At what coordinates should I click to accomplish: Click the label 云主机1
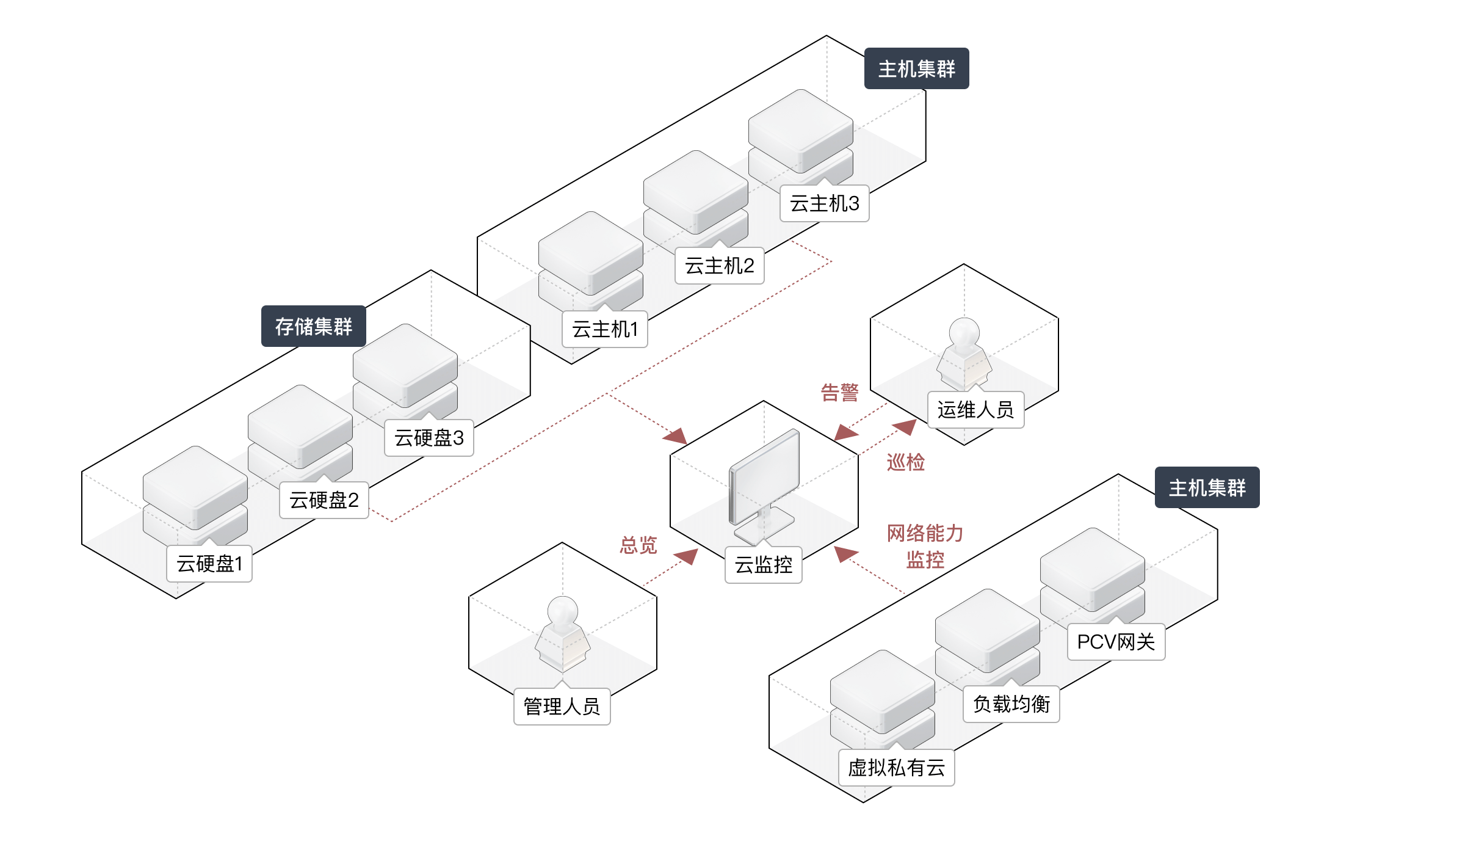[x=604, y=330]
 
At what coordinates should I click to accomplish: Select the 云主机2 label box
[x=719, y=266]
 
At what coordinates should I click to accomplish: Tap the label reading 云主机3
[x=824, y=204]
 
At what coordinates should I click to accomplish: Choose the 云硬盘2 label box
[x=324, y=501]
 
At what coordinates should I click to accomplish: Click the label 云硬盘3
[x=429, y=438]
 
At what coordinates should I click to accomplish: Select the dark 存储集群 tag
[x=313, y=327]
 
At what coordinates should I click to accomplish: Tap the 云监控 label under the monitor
[x=763, y=566]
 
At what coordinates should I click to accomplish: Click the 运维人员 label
[x=975, y=410]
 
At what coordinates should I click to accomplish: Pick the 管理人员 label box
[x=562, y=707]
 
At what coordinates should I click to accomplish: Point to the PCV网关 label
[x=1116, y=642]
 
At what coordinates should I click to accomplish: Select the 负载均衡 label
[x=1011, y=705]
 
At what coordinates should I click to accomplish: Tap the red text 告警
[x=839, y=393]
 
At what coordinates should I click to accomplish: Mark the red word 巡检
[x=905, y=462]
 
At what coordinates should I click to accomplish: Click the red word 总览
[x=638, y=545]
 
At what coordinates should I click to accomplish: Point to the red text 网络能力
[x=925, y=534]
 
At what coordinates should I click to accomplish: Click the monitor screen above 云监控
[x=764, y=474]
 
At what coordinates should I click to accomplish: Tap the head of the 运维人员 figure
[x=964, y=333]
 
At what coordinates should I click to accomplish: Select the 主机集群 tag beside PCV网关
[x=1207, y=488]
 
